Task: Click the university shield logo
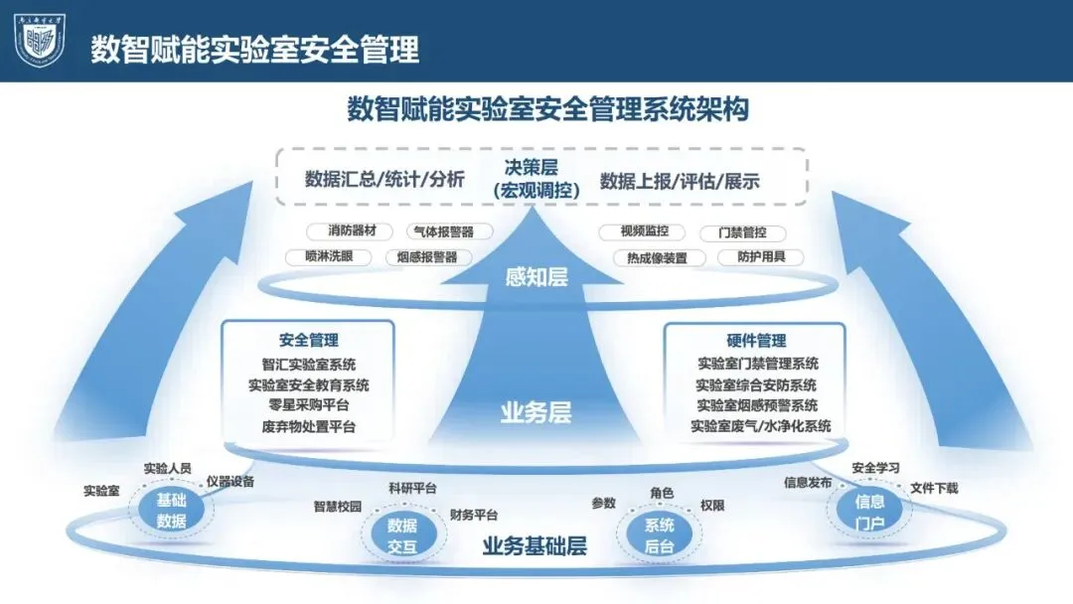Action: tap(39, 41)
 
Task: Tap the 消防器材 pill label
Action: tap(353, 231)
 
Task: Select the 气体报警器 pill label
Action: tap(440, 231)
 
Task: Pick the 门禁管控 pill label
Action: tap(741, 233)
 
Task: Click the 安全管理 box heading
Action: tap(308, 340)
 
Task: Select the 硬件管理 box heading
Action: tap(755, 340)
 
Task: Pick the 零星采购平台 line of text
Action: tap(308, 405)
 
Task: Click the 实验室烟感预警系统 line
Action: tap(756, 405)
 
